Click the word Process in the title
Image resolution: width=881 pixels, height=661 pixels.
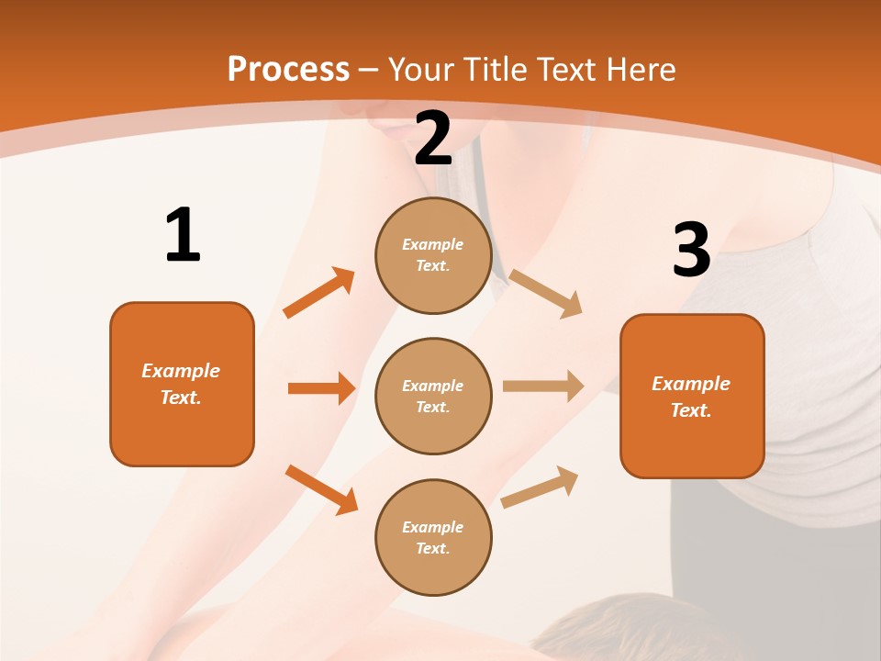(x=288, y=70)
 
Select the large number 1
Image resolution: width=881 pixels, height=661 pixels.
(x=183, y=235)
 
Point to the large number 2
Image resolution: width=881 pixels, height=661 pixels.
(x=433, y=139)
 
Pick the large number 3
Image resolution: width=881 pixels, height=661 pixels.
(x=691, y=250)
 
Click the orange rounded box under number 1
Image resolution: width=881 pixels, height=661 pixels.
(x=182, y=384)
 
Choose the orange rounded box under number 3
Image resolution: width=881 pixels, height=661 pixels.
(x=692, y=396)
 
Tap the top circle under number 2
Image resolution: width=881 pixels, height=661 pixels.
(x=433, y=255)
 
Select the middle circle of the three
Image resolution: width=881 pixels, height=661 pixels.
(x=433, y=396)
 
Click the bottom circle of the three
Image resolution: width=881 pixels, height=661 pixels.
(x=433, y=537)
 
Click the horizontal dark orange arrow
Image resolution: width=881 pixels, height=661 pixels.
(x=321, y=388)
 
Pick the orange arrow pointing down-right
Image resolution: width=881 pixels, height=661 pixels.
(x=321, y=488)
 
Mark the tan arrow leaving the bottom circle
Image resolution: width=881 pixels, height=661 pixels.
(x=540, y=487)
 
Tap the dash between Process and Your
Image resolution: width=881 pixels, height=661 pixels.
(x=369, y=70)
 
